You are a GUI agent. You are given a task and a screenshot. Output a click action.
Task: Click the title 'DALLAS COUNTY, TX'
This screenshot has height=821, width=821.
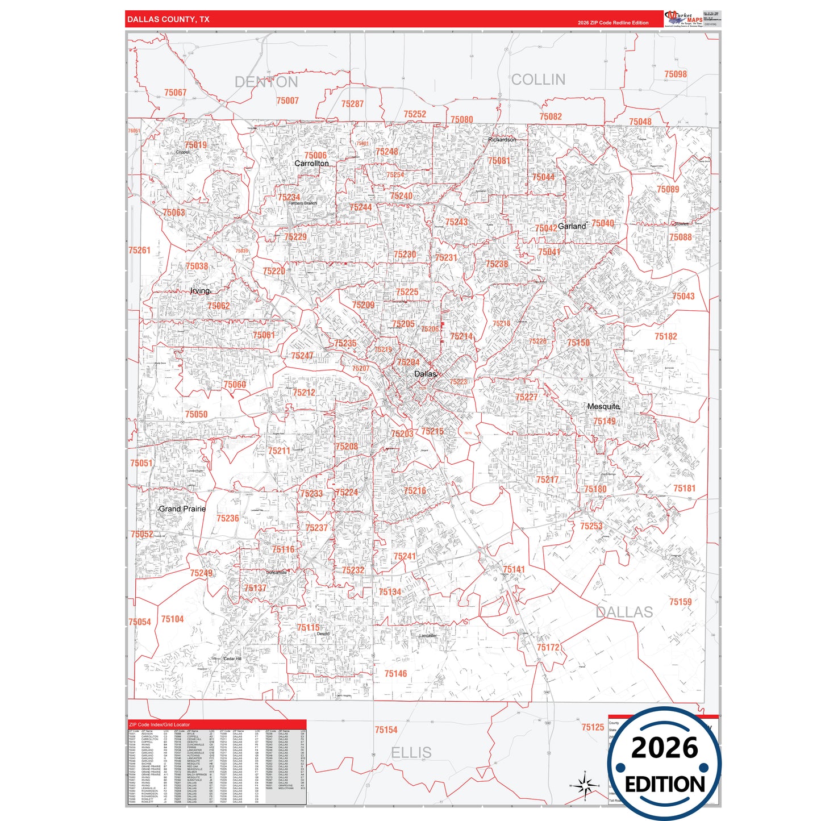[x=168, y=19]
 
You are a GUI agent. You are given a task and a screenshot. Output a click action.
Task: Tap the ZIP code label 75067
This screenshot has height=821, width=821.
[x=175, y=93]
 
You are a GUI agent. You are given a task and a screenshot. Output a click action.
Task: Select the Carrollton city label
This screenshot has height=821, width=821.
[x=311, y=164]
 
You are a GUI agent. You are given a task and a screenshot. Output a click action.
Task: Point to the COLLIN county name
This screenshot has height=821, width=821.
[x=538, y=80]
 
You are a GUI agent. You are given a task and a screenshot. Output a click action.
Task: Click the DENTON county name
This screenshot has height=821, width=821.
[x=266, y=82]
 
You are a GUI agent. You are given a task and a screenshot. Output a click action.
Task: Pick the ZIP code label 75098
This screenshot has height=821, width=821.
[x=676, y=74]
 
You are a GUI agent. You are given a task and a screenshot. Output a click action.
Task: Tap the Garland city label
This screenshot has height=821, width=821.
[x=572, y=226]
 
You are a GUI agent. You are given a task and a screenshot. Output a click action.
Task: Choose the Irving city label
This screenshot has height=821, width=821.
[x=200, y=291]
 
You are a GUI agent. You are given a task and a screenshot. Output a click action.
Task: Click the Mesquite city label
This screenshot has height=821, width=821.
[x=603, y=407]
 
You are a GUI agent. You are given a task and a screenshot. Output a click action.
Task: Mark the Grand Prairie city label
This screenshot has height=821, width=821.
[x=182, y=509]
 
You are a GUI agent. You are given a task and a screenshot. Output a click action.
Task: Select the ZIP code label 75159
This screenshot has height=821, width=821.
[x=680, y=602]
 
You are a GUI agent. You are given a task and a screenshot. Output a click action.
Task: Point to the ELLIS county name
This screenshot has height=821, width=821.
[x=411, y=753]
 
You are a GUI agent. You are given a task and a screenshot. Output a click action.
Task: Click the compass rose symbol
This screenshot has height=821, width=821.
[x=585, y=786]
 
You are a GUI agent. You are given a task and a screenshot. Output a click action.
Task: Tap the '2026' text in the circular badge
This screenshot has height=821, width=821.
[x=664, y=748]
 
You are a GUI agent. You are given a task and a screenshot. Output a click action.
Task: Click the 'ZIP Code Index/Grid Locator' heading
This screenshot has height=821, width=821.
[x=160, y=725]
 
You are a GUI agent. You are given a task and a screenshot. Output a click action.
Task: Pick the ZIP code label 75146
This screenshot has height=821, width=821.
[x=395, y=674]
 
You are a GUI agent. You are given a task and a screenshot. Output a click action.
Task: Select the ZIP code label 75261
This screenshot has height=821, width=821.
[x=139, y=251]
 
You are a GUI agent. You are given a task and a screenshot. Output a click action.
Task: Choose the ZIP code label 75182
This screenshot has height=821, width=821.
[x=665, y=337]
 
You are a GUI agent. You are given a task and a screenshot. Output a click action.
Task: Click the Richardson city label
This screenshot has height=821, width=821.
[x=502, y=140]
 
